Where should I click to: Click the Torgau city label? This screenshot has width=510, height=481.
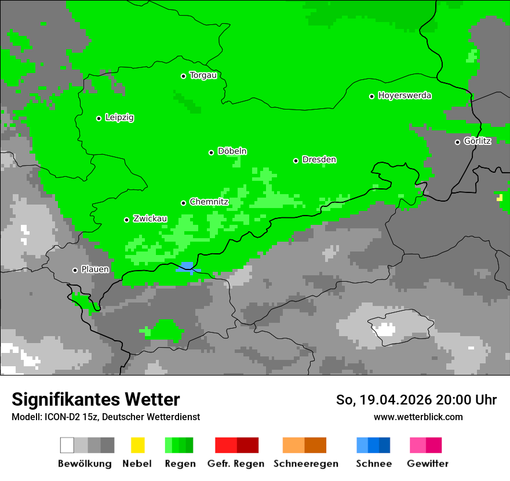[203, 75]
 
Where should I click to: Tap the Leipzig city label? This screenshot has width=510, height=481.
[119, 118]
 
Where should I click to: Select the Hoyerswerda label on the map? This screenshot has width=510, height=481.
[405, 96]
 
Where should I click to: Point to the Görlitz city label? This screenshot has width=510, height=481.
[477, 141]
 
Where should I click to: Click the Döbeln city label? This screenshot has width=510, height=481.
[232, 151]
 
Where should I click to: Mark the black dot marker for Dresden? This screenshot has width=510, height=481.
[296, 161]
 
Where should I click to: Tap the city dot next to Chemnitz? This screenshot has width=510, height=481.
[184, 203]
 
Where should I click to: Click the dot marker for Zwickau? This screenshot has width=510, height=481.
[126, 220]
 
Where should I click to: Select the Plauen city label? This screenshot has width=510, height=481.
[95, 269]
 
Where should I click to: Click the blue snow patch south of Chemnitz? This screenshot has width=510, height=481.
[188, 267]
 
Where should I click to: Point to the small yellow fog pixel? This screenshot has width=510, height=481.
[500, 198]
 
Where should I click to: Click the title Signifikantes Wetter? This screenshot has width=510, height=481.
[96, 399]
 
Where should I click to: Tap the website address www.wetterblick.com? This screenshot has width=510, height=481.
[418, 417]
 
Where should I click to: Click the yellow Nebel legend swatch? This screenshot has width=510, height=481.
[137, 445]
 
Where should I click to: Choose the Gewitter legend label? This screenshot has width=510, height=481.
[428, 464]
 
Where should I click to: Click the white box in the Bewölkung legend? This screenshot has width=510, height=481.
[67, 445]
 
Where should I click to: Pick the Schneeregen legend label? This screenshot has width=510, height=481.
[305, 464]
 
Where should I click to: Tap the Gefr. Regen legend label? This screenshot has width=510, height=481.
[236, 464]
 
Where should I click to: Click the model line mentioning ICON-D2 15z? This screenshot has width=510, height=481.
[105, 417]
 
